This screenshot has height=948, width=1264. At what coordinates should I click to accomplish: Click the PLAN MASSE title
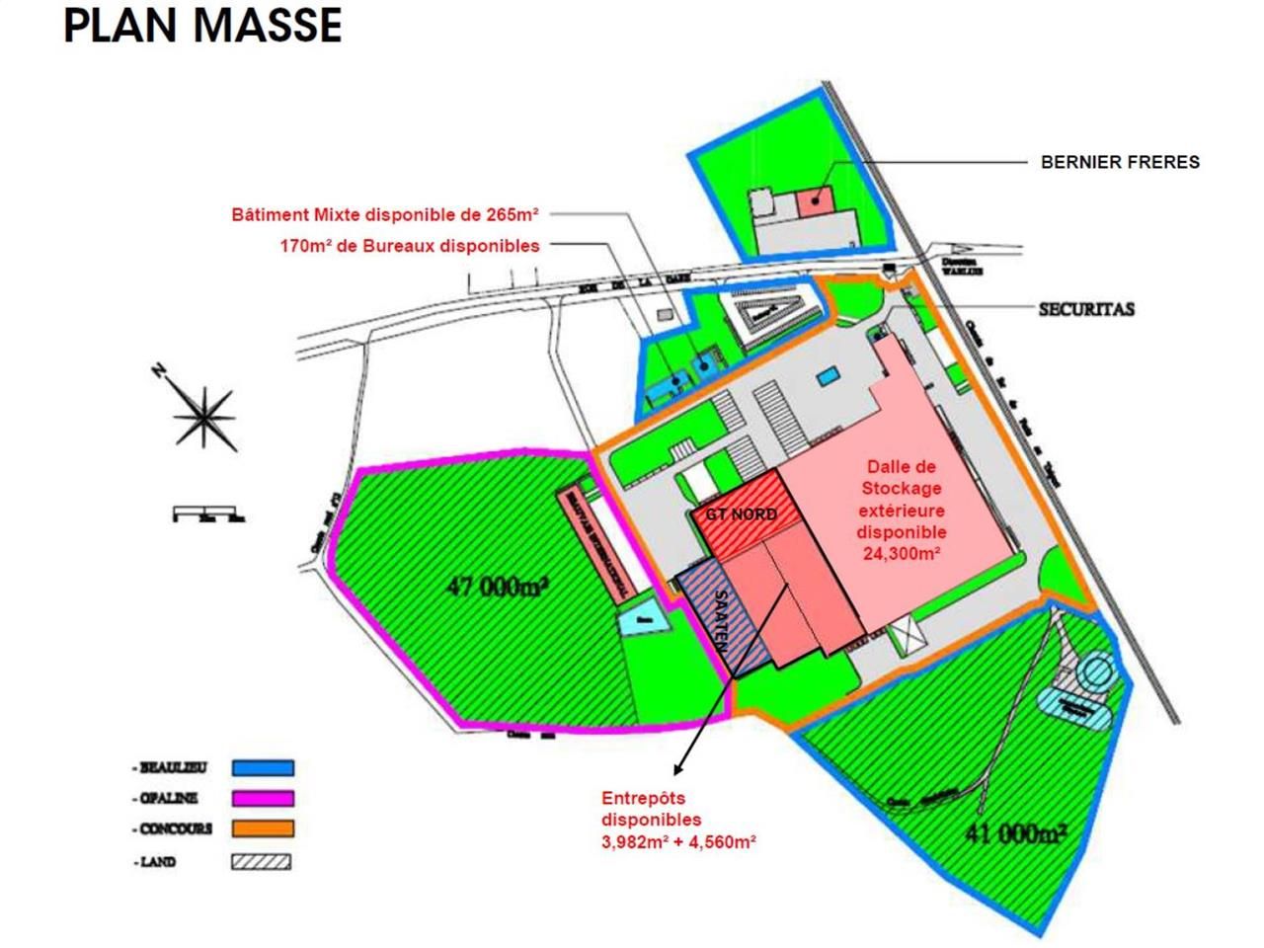(x=202, y=26)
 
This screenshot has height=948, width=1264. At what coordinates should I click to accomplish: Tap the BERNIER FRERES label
(x=1120, y=162)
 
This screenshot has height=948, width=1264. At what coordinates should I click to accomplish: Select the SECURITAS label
(x=1086, y=309)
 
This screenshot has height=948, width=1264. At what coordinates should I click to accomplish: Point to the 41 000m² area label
(x=1014, y=834)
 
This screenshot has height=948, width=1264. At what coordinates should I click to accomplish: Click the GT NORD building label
(x=740, y=514)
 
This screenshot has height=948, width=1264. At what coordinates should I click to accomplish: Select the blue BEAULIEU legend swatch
(x=263, y=767)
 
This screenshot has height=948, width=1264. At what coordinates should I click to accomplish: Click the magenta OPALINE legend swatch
(x=263, y=798)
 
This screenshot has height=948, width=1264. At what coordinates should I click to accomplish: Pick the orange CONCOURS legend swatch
(x=263, y=829)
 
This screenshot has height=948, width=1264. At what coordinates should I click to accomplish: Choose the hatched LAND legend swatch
(x=263, y=861)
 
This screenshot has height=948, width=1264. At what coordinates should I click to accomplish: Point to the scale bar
(x=208, y=514)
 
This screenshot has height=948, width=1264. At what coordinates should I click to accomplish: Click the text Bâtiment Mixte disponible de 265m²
(x=385, y=214)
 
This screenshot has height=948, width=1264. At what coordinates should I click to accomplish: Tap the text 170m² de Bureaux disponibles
(x=410, y=246)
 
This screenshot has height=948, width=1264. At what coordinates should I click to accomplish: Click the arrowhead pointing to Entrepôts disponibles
(x=678, y=767)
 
